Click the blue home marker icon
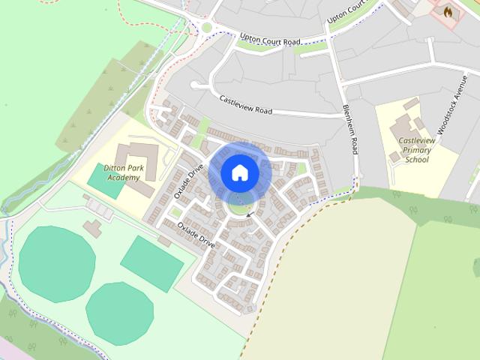tap(239, 172)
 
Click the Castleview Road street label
tap(246, 103)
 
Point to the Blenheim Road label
tap(349, 129)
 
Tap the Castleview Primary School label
tap(417, 150)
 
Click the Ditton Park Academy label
tap(122, 173)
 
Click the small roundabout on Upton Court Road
tap(206, 28)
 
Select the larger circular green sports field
tap(56, 263)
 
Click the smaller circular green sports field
tap(119, 313)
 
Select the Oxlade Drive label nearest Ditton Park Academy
tap(188, 181)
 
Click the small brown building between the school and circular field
tap(93, 227)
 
